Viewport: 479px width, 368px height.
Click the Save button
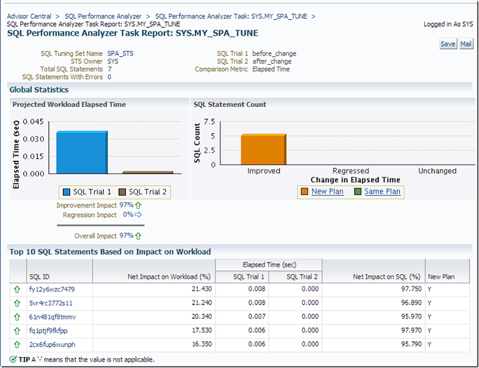point(448,44)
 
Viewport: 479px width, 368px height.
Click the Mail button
point(466,44)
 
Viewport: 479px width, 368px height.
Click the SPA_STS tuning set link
point(120,53)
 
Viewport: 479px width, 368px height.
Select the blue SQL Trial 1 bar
point(82,152)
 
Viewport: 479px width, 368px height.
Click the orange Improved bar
point(263,149)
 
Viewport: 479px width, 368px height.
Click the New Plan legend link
point(328,191)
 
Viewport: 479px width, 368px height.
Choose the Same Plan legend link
point(382,191)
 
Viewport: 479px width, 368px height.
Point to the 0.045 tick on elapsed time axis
point(34,122)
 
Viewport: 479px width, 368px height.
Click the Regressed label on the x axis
point(350,171)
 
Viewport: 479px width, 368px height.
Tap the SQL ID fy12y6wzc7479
point(52,289)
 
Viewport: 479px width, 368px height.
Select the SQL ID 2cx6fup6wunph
point(53,344)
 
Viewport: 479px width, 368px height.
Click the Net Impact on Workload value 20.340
point(197,316)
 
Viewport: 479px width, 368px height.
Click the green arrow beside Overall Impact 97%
point(138,236)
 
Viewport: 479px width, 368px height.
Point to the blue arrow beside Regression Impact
point(138,214)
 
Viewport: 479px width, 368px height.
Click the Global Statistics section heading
point(39,90)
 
